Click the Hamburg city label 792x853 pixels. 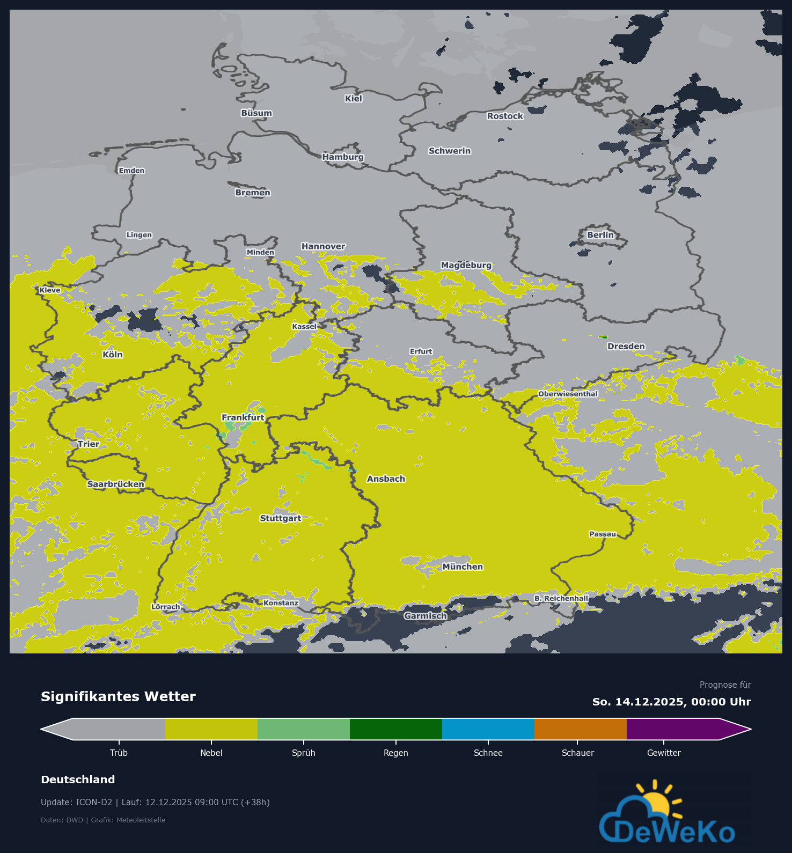343,157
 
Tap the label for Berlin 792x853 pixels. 600,235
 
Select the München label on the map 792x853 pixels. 462,567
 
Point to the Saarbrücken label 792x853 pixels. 115,484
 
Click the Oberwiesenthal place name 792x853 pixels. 568,394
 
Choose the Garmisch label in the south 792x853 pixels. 425,616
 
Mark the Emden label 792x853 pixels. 131,171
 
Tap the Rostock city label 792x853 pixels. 504,116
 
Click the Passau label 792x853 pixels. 603,534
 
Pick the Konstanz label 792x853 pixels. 281,603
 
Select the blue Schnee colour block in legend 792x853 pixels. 488,729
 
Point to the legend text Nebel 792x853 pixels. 211,753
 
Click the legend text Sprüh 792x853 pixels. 303,753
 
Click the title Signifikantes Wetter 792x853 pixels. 118,696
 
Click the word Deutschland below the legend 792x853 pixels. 78,780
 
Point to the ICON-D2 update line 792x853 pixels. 155,802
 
